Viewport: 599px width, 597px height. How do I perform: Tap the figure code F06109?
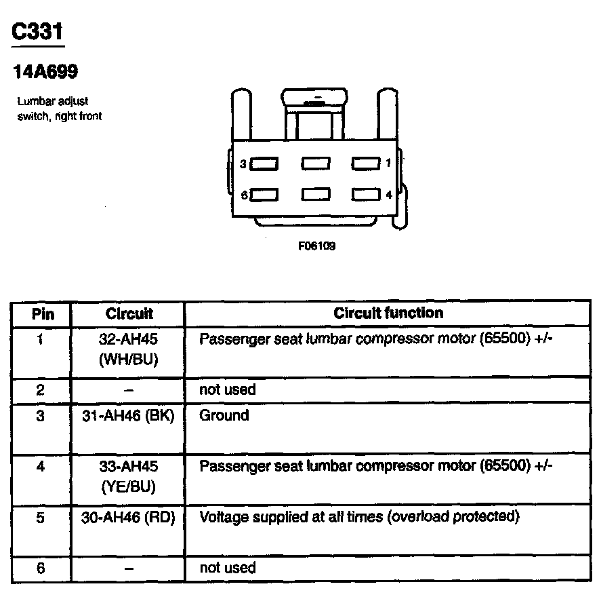[316, 246]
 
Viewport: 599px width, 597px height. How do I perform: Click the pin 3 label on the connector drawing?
[243, 163]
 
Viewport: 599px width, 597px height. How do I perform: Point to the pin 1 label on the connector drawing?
[388, 163]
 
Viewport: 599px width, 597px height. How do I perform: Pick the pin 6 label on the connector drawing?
[243, 195]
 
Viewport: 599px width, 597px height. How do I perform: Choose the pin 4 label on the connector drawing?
[388, 195]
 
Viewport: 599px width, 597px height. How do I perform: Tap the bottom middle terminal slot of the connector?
[316, 195]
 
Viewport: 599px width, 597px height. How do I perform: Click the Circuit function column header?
[388, 313]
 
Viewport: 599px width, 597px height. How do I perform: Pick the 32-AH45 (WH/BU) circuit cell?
[129, 349]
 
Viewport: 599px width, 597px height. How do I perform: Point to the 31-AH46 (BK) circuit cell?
[129, 416]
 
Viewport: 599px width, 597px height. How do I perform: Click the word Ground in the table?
[224, 415]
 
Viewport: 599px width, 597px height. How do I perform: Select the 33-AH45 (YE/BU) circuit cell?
[129, 476]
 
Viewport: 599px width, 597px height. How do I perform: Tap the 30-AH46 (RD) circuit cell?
[129, 518]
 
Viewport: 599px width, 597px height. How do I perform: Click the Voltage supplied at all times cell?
[359, 517]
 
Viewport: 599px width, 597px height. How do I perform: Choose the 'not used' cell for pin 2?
[228, 390]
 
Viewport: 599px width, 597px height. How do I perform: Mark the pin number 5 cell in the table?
[41, 518]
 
